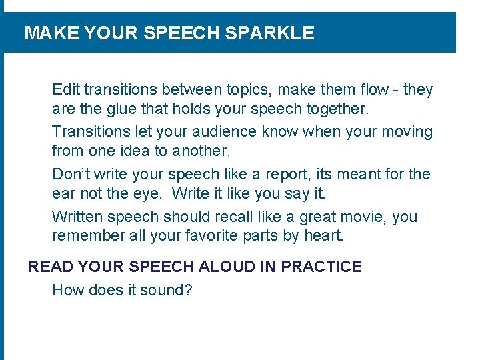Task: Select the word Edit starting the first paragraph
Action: pyautogui.click(x=65, y=89)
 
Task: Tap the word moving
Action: pyautogui.click(x=408, y=132)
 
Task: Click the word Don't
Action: pyautogui.click(x=71, y=175)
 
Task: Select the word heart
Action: pyautogui.click(x=323, y=235)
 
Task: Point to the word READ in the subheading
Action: pyautogui.click(x=51, y=267)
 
